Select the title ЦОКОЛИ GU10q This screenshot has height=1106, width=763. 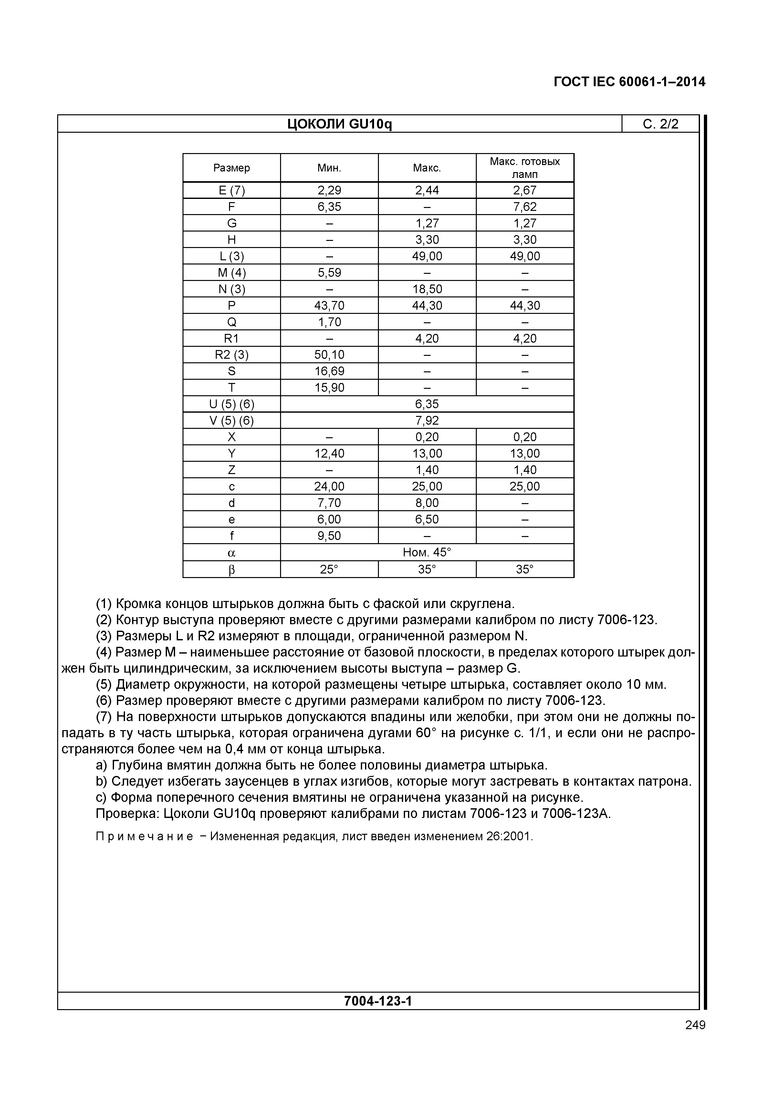pyautogui.click(x=340, y=124)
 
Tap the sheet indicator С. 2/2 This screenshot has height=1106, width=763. pyautogui.click(x=660, y=124)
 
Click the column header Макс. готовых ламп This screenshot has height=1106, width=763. pyautogui.click(x=525, y=168)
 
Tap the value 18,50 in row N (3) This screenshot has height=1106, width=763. pyautogui.click(x=427, y=289)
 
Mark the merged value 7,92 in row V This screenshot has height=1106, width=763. pyautogui.click(x=427, y=421)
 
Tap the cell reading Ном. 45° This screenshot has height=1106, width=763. pyautogui.click(x=427, y=553)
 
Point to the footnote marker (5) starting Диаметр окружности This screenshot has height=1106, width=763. pyautogui.click(x=104, y=685)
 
